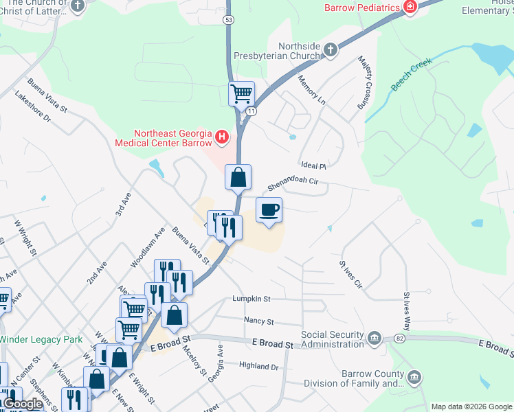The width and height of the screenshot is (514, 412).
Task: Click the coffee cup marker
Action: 269,210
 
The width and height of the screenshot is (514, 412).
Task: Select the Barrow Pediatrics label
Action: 363,8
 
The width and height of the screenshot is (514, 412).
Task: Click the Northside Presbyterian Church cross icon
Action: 331,49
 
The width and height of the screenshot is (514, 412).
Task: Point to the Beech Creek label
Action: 411,78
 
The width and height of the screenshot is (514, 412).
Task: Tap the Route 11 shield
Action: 252,111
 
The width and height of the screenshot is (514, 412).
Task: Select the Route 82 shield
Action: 399,339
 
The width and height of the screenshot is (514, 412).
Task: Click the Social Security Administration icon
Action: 375,338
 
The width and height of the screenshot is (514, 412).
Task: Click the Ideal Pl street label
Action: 313,165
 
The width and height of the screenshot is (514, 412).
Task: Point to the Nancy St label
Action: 259,321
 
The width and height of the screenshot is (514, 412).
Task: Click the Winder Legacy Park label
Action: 41,339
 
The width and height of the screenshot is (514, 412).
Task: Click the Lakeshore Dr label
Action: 33,107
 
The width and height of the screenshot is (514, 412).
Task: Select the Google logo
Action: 23,404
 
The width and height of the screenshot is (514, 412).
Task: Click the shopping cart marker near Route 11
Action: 241,93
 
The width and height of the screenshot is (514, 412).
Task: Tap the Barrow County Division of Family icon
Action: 414,377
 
